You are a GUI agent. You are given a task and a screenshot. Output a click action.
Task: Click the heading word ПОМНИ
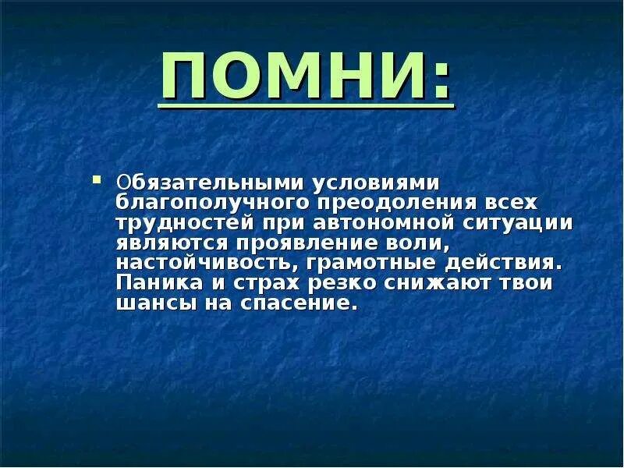(x=292, y=78)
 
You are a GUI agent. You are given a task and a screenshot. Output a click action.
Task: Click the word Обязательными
(x=212, y=183)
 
